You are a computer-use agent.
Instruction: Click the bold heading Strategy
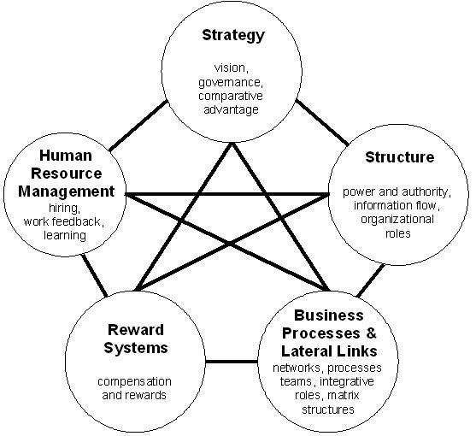coord(233,36)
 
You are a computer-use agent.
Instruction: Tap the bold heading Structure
coord(399,157)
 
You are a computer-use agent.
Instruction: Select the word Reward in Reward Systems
coord(136,330)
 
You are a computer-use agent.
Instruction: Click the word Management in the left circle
coord(66,191)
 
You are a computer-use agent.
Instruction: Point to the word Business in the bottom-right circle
coord(329,315)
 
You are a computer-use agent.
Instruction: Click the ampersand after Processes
coord(371,333)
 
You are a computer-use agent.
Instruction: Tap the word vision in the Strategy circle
coord(232,68)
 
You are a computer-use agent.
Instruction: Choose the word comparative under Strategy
coord(231,96)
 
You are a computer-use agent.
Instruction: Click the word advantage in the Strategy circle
coord(231,109)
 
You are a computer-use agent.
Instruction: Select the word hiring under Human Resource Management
coord(65,208)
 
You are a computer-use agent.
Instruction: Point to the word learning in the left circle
coord(65,235)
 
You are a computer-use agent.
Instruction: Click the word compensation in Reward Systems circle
coord(134,381)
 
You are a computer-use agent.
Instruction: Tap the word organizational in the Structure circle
coord(397,219)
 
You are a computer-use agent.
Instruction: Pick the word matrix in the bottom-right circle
coord(344,395)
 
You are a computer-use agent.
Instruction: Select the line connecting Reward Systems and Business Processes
coord(232,362)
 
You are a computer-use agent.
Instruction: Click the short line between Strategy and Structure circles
coord(322,122)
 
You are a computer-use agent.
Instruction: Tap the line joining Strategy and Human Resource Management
coord(138,126)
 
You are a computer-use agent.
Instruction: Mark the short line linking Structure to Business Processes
coord(371,280)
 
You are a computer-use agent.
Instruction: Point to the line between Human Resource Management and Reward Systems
coord(95,275)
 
